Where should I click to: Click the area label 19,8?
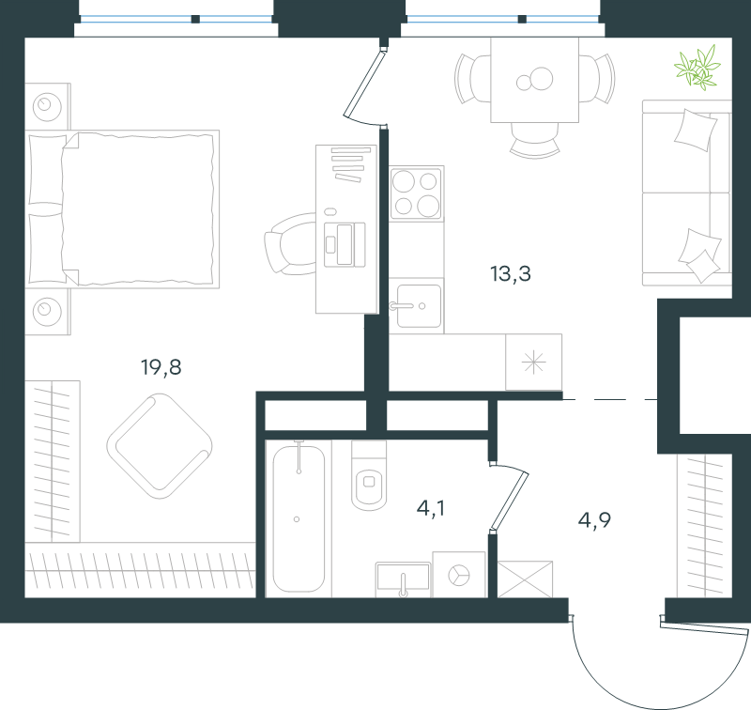tap(161, 367)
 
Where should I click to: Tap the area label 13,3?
tap(511, 273)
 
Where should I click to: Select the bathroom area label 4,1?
tap(431, 508)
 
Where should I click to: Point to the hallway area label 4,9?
tap(594, 519)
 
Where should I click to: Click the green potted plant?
tap(697, 68)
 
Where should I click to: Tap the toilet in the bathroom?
tap(369, 475)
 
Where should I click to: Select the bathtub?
tap(299, 518)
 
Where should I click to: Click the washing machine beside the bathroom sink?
tap(459, 575)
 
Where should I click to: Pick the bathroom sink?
tap(403, 579)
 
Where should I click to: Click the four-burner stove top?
tap(416, 193)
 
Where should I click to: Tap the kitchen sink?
tap(416, 305)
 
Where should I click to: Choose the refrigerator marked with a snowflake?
tap(533, 363)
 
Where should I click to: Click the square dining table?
tap(534, 80)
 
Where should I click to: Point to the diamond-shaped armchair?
tap(160, 446)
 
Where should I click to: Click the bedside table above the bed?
tap(48, 106)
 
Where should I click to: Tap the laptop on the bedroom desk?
tap(345, 245)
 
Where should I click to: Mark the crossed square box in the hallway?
tap(525, 579)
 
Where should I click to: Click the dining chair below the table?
tap(534, 140)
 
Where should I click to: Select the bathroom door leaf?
tap(509, 502)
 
